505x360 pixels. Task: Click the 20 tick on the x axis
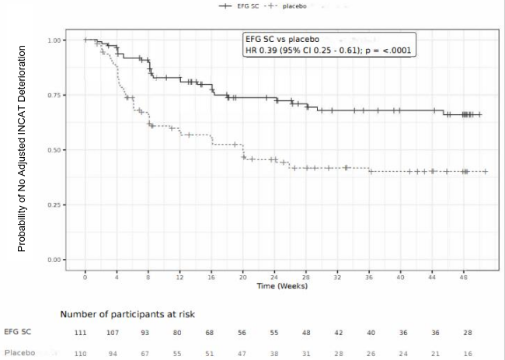[243, 277]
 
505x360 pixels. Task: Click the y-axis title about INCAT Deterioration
[23, 148]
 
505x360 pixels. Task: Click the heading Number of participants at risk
[128, 314]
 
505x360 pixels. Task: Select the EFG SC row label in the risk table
[18, 332]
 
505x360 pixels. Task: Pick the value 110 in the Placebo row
[81, 353]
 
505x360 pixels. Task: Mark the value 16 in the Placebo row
[465, 353]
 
